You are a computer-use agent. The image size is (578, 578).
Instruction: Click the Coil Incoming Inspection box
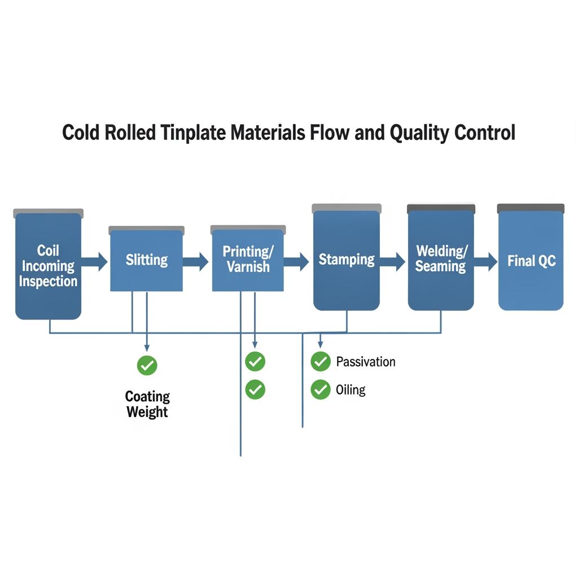click(x=48, y=265)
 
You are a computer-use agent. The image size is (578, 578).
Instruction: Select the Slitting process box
click(x=146, y=260)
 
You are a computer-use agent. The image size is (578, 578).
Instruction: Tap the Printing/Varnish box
click(x=248, y=260)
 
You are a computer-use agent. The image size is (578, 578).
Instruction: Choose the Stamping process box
click(x=347, y=260)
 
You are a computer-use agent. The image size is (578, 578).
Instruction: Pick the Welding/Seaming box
click(x=441, y=259)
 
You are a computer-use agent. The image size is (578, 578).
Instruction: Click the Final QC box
click(x=531, y=261)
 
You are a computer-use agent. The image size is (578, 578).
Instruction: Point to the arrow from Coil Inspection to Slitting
click(x=95, y=261)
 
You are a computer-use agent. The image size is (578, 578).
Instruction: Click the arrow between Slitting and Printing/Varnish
click(x=196, y=261)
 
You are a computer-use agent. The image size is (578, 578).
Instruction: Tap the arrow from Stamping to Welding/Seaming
click(x=393, y=261)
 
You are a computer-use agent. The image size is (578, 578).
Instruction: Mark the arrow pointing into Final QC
click(x=485, y=261)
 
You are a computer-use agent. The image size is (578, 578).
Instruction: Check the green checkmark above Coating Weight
click(x=147, y=366)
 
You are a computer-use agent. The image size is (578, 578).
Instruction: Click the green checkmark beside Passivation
click(x=321, y=361)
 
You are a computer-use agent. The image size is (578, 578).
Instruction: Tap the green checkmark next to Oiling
click(x=321, y=389)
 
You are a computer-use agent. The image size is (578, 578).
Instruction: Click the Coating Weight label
click(x=147, y=404)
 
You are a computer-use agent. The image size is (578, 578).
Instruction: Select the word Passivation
click(x=366, y=362)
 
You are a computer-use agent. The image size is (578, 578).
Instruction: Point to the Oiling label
click(x=351, y=389)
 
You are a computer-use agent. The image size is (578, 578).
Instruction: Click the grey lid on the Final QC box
click(x=531, y=208)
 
